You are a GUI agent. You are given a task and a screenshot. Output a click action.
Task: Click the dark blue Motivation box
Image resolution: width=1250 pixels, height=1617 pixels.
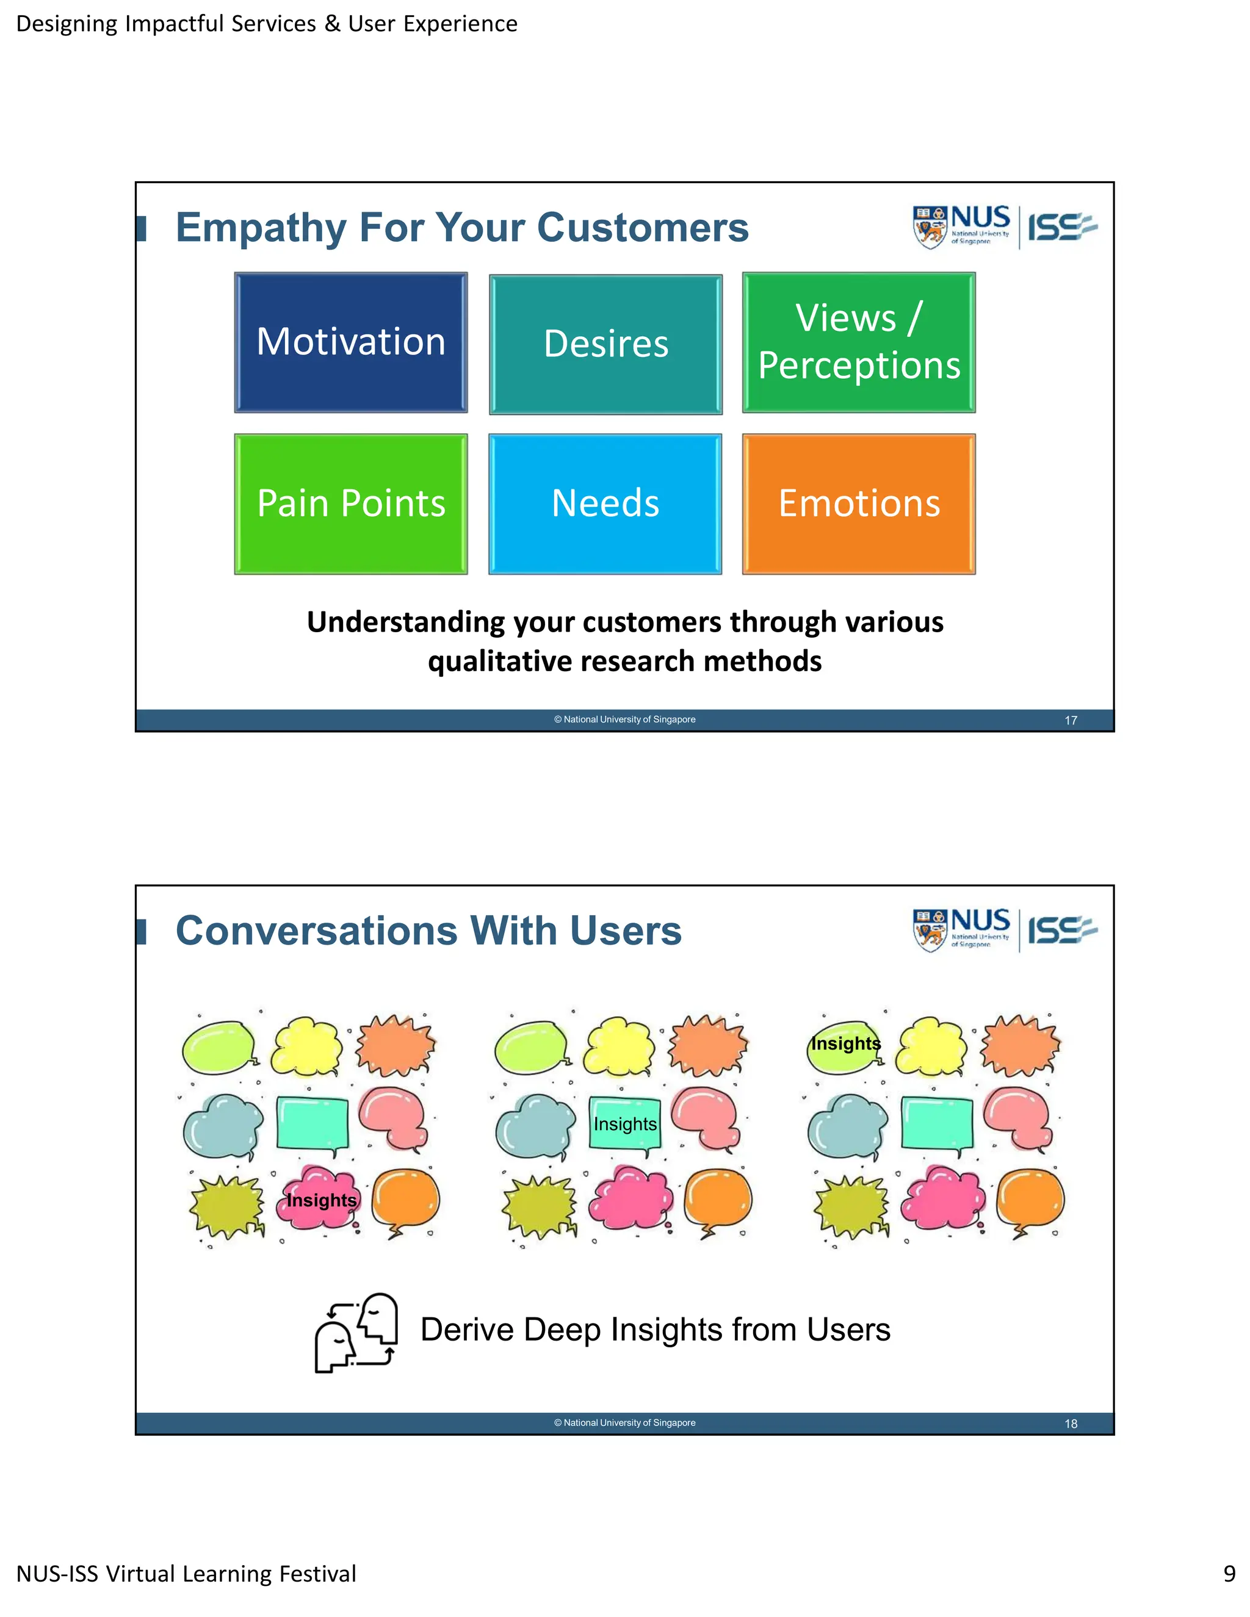pyautogui.click(x=350, y=342)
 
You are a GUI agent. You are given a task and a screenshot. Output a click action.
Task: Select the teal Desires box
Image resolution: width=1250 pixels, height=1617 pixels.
pyautogui.click(x=605, y=344)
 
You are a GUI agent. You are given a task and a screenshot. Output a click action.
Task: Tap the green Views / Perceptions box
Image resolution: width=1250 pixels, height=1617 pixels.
pyautogui.click(x=858, y=342)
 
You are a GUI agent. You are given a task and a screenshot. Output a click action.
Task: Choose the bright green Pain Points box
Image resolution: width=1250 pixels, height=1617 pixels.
pyautogui.click(x=350, y=503)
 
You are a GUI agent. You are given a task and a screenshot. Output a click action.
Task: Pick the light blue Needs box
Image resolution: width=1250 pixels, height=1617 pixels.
pyautogui.click(x=605, y=503)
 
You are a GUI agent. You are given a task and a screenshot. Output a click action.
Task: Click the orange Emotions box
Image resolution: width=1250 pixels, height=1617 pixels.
pyautogui.click(x=858, y=503)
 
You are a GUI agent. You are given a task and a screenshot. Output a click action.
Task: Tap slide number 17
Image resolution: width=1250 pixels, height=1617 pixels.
pyautogui.click(x=1070, y=721)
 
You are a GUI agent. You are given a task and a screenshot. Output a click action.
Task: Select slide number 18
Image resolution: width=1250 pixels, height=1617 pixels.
pyautogui.click(x=1070, y=1424)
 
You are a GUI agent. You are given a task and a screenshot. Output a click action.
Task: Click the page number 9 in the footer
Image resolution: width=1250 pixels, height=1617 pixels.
pyautogui.click(x=1229, y=1573)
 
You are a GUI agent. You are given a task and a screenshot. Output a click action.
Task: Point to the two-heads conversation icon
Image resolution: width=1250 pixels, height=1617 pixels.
pyautogui.click(x=356, y=1333)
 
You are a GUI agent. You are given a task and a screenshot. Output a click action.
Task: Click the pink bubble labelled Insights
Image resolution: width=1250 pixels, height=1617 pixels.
pyautogui.click(x=320, y=1200)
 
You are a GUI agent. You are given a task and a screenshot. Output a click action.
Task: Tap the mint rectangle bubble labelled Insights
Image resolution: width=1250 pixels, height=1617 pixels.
pyautogui.click(x=625, y=1125)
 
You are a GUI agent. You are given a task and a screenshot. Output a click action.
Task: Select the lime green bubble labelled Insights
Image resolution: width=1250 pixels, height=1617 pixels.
pyautogui.click(x=844, y=1044)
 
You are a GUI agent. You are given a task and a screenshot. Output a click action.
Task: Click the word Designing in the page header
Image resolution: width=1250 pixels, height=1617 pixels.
pyautogui.click(x=66, y=24)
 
